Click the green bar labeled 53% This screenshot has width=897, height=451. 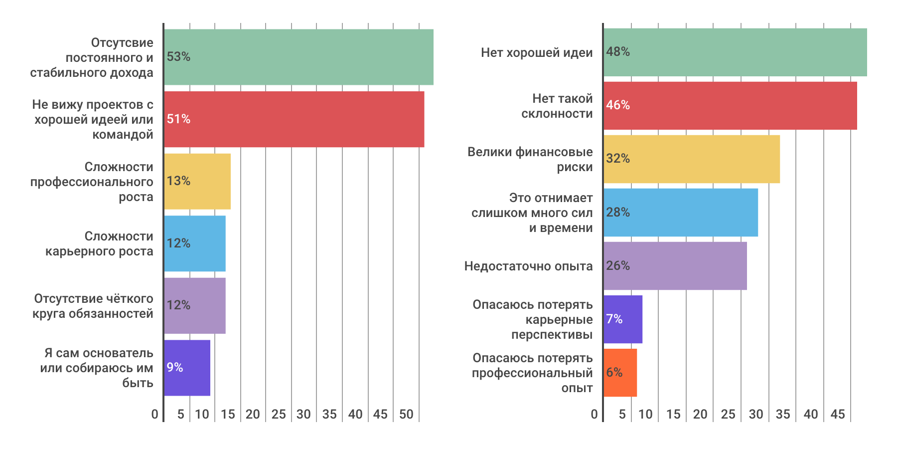click(x=299, y=57)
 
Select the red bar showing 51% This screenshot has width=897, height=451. click(x=294, y=119)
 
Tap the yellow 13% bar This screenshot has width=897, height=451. click(x=197, y=181)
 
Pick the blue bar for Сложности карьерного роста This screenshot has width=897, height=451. click(x=195, y=243)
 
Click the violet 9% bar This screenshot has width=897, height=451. click(x=187, y=368)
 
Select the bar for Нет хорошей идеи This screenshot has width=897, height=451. click(x=735, y=52)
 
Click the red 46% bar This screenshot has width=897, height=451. click(x=730, y=106)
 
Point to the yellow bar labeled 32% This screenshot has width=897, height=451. click(x=692, y=159)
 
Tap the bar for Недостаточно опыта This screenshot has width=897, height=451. click(x=675, y=266)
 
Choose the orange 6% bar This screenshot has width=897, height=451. click(x=620, y=373)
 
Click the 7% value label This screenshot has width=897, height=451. click(x=614, y=319)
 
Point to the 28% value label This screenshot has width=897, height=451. click(x=618, y=213)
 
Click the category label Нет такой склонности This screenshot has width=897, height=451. click(x=557, y=106)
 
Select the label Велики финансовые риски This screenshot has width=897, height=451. click(x=530, y=160)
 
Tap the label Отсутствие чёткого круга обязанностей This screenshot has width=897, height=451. click(x=93, y=306)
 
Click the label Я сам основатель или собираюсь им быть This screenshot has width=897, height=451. click(x=97, y=368)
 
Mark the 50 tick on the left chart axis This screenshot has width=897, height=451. click(x=406, y=414)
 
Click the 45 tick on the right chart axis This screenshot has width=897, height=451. click(x=838, y=414)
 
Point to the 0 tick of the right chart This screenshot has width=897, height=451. click(x=594, y=414)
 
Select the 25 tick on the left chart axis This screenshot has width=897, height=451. click(x=279, y=414)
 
